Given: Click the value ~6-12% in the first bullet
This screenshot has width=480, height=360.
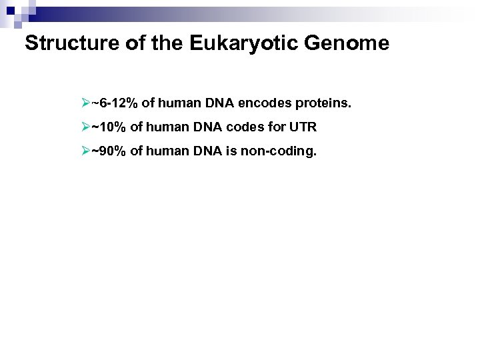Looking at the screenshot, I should (115, 103).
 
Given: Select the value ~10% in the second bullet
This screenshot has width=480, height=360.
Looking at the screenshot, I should (109, 127).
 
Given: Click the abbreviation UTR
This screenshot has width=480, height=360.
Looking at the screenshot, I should (303, 127).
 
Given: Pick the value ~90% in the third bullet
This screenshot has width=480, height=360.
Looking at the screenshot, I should (109, 151).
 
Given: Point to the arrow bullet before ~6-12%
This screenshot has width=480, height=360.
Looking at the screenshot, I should (85, 103).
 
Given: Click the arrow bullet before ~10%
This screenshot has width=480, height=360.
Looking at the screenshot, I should (85, 127).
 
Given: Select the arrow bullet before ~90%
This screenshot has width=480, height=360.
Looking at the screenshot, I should (85, 151).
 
